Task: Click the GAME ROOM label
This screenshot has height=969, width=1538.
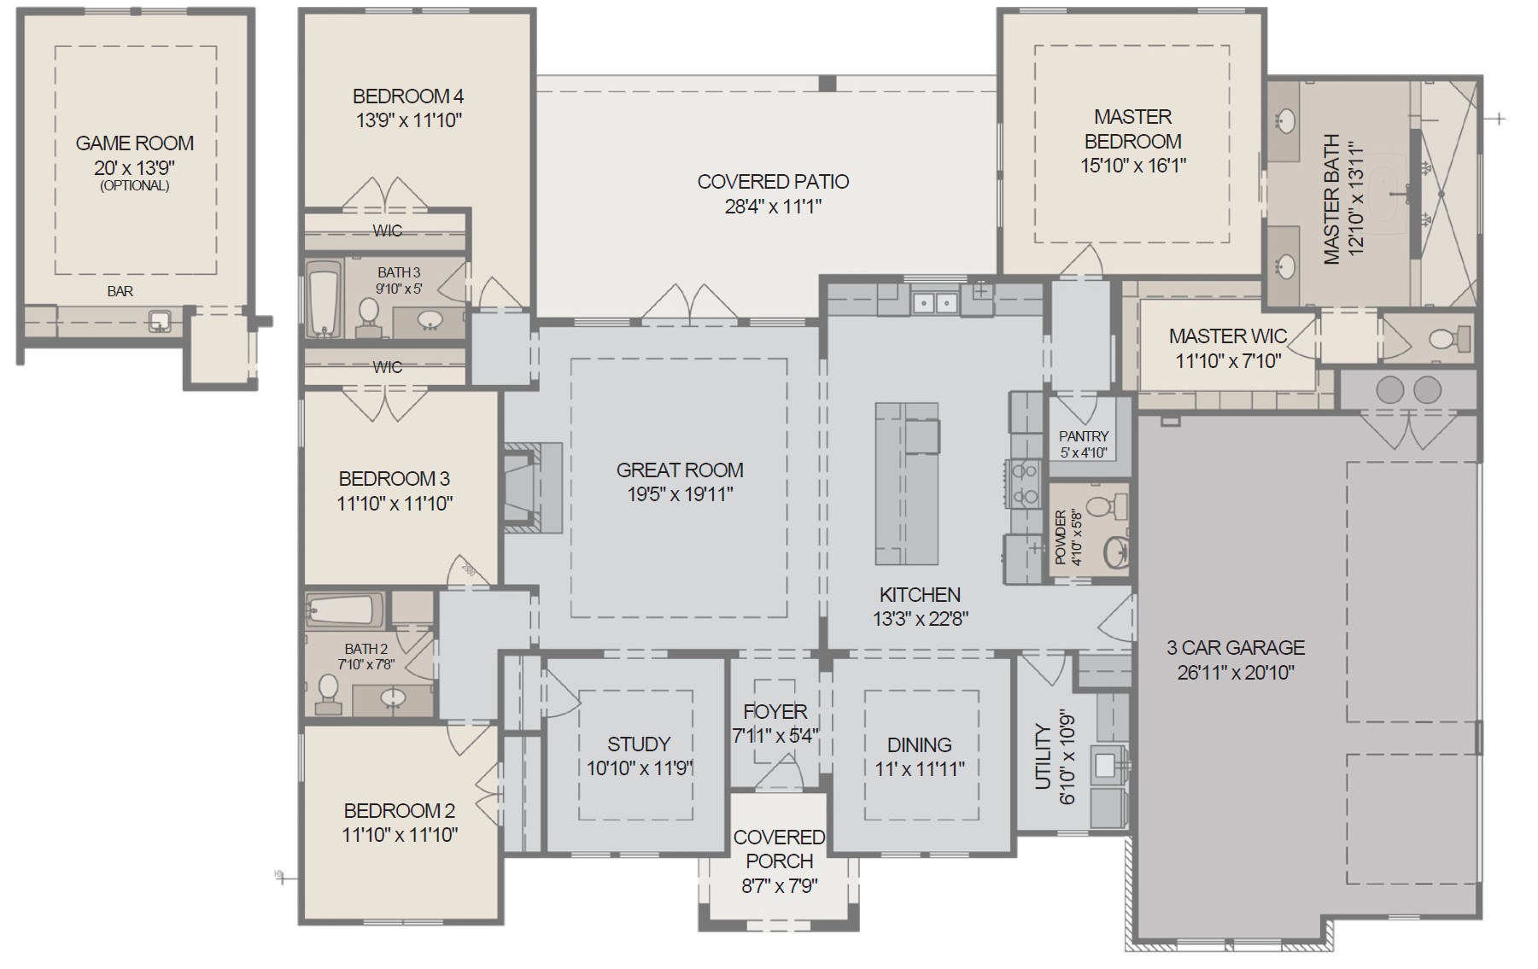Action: [x=135, y=143]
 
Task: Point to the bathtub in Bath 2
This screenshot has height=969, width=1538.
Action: [x=345, y=610]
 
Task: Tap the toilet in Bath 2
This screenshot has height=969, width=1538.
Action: [x=328, y=694]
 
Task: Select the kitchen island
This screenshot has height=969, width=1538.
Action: [x=907, y=484]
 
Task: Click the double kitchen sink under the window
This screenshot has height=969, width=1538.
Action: [x=934, y=302]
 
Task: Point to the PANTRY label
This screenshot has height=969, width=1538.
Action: [x=1084, y=436]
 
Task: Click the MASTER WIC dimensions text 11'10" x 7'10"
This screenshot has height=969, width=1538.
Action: [x=1228, y=361]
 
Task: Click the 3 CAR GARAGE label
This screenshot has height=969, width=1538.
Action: [x=1236, y=648]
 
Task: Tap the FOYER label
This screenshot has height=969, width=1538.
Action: [x=775, y=711]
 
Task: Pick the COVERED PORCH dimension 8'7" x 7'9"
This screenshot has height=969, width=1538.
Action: [x=779, y=886]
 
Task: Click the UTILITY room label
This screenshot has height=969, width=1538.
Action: [x=1043, y=756]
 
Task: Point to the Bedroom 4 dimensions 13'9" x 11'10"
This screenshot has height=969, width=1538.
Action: [x=409, y=120]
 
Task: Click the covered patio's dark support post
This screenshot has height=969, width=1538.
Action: [x=827, y=84]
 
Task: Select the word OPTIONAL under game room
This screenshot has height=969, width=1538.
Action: [x=135, y=185]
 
